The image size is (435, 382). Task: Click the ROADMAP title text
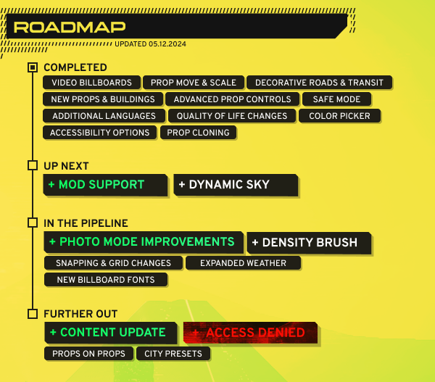[x=70, y=28]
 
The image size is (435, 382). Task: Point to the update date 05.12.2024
[x=167, y=44]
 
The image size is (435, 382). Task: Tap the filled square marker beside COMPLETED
[x=33, y=67]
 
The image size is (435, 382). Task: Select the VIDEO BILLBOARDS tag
[x=91, y=83]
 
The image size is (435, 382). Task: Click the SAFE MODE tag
[x=336, y=99]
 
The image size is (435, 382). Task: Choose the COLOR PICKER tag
[x=339, y=116]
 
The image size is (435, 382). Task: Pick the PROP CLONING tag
[x=198, y=133]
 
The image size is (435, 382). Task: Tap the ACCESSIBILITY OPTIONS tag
[x=99, y=133]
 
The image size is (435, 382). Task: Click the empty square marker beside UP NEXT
[x=33, y=165]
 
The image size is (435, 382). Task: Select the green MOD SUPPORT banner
[x=105, y=185]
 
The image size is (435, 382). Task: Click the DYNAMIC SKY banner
[x=236, y=185]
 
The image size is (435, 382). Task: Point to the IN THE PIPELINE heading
[x=86, y=223]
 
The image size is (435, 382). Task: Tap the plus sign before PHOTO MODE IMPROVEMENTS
[x=52, y=241]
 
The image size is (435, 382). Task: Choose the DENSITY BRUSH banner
[x=309, y=243]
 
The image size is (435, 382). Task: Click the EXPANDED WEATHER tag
[x=243, y=263]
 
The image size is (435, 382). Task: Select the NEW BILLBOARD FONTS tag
[x=106, y=280]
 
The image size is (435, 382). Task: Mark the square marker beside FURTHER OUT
[x=33, y=314]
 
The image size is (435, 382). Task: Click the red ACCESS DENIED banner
[x=250, y=333]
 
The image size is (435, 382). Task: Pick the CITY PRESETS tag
[x=173, y=354]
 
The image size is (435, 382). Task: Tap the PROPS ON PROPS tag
[x=88, y=354]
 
